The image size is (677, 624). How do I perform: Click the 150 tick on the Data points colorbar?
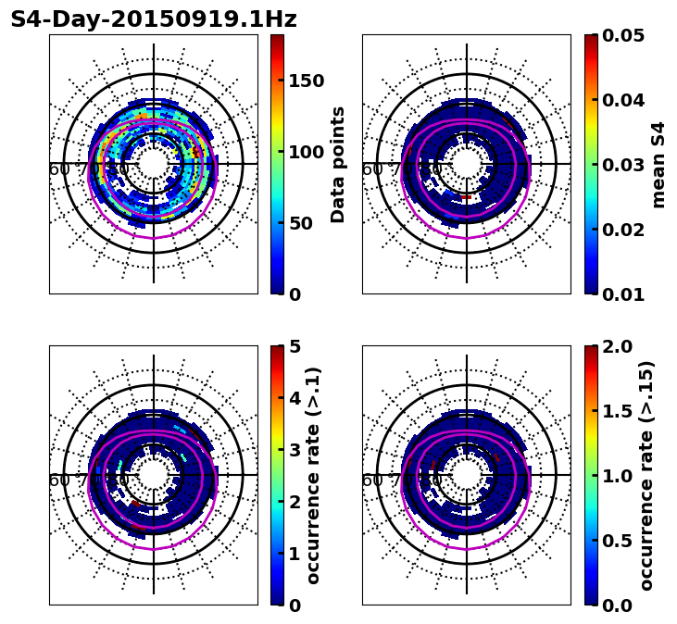point(306,81)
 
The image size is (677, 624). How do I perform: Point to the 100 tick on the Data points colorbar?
point(306,152)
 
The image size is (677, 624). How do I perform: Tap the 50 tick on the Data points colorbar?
point(301,223)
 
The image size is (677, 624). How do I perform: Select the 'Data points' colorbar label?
point(338,164)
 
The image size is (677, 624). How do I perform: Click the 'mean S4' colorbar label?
point(658,164)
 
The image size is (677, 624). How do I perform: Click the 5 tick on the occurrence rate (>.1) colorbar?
point(295,346)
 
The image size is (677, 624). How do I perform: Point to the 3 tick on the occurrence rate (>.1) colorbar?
point(295,450)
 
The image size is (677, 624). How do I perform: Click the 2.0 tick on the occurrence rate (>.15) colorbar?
point(612,346)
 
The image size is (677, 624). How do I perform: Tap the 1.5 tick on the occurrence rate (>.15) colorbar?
point(612,411)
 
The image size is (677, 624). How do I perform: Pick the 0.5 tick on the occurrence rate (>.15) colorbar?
point(612,541)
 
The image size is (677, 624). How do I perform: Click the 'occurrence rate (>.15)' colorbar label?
point(646,475)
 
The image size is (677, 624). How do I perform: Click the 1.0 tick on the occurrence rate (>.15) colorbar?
point(612,476)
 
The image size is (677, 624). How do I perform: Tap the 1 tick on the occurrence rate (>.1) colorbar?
point(295,554)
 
